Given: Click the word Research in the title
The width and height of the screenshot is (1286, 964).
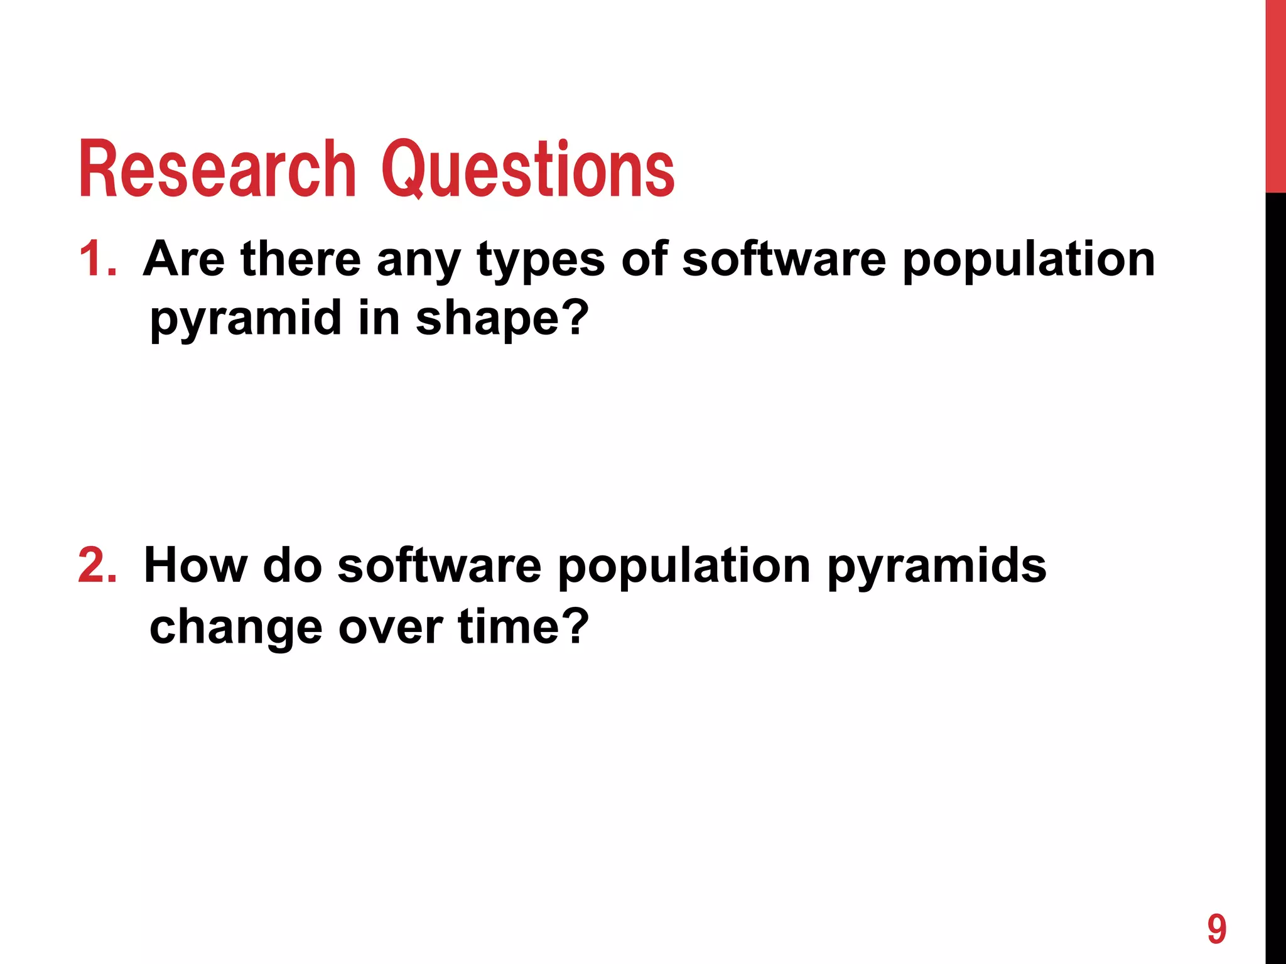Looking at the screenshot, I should point(217,169).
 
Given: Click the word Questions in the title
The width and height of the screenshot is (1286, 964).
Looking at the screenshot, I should point(527,169).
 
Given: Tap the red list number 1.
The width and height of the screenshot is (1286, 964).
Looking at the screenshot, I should point(97,259).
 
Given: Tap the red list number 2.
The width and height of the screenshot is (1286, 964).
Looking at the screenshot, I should point(97,565).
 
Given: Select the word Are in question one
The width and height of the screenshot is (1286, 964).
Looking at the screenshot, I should point(183,259).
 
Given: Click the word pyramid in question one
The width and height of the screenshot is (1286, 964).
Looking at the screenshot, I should point(246,319).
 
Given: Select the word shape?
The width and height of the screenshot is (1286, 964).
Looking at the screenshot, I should point(502,319).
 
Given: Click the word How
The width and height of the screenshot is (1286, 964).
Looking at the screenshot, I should point(196,565).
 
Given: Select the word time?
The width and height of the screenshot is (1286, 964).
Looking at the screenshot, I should point(524,626).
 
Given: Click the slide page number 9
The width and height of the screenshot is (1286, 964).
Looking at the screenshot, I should point(1216,929).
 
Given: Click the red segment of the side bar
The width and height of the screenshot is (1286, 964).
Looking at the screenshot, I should point(1275,94).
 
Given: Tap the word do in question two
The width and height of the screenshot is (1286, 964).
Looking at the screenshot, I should point(292,565).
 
